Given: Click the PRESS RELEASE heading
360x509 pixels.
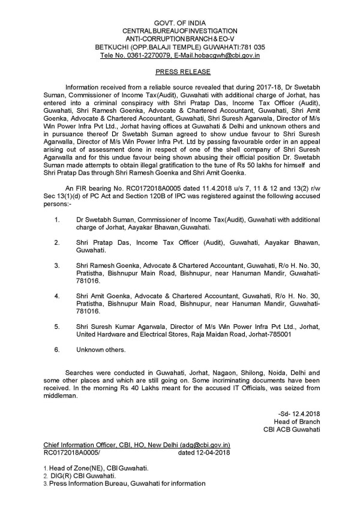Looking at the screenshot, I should [x=179, y=71].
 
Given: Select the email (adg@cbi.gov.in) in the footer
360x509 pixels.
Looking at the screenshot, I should [x=205, y=445].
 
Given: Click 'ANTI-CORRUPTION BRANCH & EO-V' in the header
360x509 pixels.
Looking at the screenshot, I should [x=179, y=38].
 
